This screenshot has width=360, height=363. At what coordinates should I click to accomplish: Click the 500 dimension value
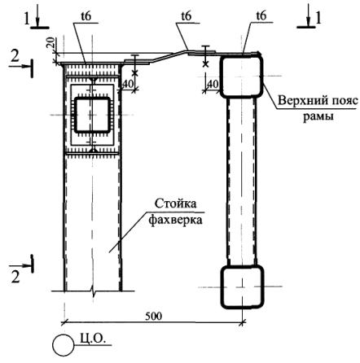[153, 316]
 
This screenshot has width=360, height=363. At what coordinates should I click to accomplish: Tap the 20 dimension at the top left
[51, 42]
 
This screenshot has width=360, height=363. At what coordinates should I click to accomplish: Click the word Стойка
[175, 203]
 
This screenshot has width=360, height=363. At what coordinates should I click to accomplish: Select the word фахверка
[176, 219]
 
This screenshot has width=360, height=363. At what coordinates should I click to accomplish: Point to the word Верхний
[301, 101]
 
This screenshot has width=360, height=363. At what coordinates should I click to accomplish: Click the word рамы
[318, 116]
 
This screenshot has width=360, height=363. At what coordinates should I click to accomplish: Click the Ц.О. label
[93, 339]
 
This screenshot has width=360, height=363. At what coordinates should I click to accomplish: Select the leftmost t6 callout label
[86, 16]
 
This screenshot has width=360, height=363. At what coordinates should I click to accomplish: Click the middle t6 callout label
[187, 16]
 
